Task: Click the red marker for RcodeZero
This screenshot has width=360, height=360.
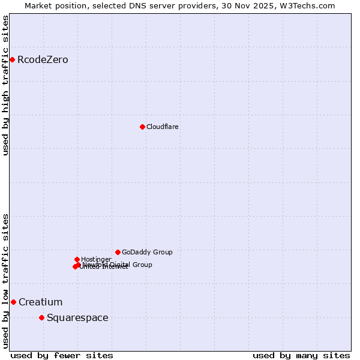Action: click(x=12, y=59)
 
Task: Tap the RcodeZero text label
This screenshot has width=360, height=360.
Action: click(x=43, y=60)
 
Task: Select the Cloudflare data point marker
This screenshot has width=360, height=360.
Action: click(x=142, y=127)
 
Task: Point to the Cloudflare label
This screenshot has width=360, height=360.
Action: click(x=163, y=127)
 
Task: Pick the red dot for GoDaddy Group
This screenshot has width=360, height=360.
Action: click(x=118, y=252)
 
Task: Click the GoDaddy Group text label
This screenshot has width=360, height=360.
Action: click(x=147, y=253)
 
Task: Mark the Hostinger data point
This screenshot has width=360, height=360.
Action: click(x=77, y=259)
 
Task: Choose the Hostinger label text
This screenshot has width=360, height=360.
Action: click(x=96, y=259)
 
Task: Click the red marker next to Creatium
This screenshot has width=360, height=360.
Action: click(x=13, y=302)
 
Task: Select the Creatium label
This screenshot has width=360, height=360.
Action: click(x=40, y=302)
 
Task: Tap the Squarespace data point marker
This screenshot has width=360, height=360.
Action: click(x=41, y=317)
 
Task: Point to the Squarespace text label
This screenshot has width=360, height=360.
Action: click(x=77, y=318)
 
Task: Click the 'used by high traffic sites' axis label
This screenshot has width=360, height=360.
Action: click(x=5, y=85)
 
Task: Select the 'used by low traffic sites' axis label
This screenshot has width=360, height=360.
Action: click(x=5, y=280)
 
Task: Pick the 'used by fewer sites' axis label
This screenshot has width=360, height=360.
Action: click(x=62, y=355)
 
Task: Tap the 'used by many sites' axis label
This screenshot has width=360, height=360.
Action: click(x=301, y=355)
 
